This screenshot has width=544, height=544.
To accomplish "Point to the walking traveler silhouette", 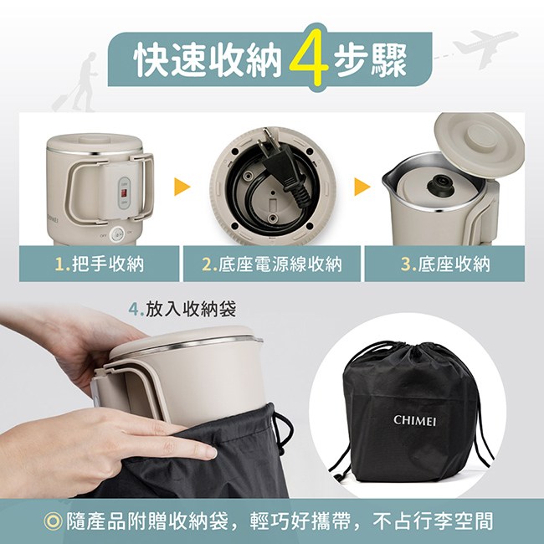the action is coord(77,83).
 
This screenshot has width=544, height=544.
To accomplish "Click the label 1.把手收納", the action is coord(100,264).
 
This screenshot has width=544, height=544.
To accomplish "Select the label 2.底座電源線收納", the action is coord(272,264).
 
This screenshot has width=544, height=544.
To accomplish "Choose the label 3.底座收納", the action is coord(445,264).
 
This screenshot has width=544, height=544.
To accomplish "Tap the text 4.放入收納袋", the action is coord(182,309).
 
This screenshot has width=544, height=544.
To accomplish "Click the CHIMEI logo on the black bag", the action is coord(414,420).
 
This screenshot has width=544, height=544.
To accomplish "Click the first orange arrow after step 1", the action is coord(182,187).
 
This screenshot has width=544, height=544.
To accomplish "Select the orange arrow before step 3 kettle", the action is coord(362,187).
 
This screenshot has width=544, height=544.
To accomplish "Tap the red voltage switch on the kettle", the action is coord(124,193).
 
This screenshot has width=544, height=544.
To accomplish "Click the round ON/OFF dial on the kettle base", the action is coord(117,234).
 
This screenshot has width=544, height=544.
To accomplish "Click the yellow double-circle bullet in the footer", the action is coord(54,521).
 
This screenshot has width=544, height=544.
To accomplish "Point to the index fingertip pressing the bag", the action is coord(208,452).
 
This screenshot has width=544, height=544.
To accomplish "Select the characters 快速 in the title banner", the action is coord(171,59).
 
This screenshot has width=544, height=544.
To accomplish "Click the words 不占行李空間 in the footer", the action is coord(433,521).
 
